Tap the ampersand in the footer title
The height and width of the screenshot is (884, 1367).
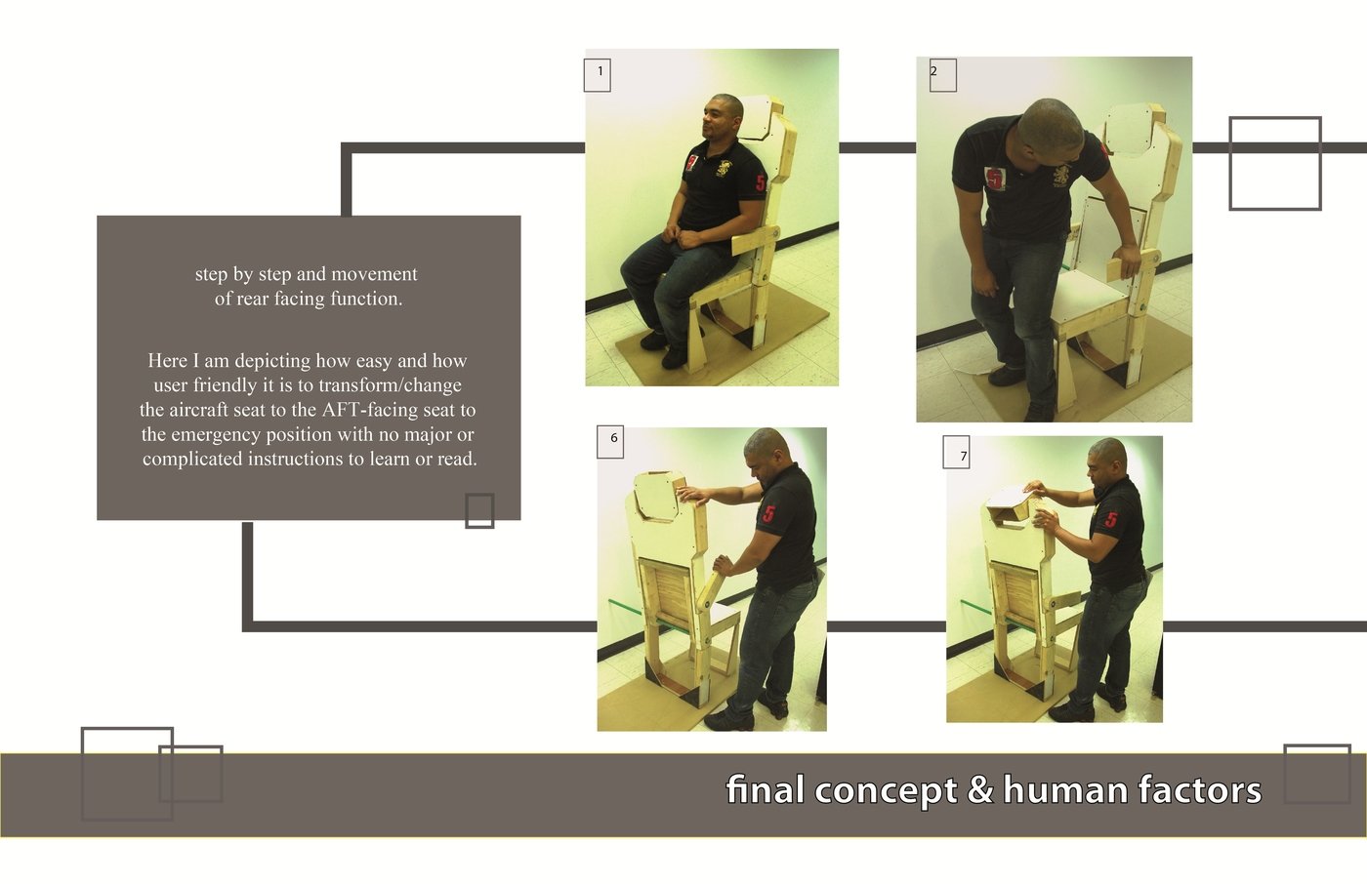coord(980,790)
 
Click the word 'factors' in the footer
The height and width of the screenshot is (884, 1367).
coord(1199,790)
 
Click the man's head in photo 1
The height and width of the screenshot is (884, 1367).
coord(722,116)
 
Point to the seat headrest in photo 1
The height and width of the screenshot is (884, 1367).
coord(759,119)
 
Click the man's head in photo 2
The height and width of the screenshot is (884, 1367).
coord(1051,131)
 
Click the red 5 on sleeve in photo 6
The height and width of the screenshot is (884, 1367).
coord(769,512)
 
